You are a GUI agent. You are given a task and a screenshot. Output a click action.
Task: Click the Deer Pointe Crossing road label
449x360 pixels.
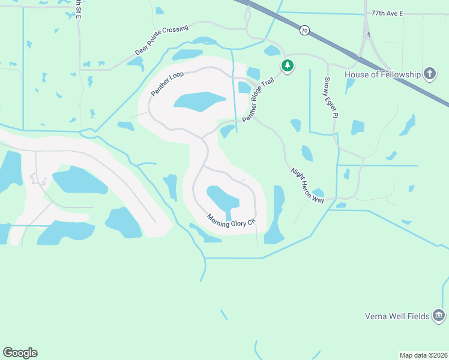pos(161,41)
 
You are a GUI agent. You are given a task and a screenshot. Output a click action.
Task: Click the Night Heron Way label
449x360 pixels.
pos(308,184)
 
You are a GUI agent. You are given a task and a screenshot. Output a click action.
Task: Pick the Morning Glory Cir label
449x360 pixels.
pos(231,220)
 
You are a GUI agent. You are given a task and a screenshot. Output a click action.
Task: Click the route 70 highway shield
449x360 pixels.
pos(305,31)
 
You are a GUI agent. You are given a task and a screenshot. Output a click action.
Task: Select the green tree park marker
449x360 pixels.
pos(288,65)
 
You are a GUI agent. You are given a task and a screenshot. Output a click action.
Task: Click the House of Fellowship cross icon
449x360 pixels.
pos(429,74)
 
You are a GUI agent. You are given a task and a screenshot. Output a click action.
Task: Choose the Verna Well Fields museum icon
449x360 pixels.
pos(439,316)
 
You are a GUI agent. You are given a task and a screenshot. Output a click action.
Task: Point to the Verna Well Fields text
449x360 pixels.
pos(397,316)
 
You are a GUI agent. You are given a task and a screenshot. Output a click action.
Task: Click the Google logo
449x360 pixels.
pos(20,353)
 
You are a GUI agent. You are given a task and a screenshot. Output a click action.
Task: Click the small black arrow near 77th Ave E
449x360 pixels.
pos(369,34)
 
